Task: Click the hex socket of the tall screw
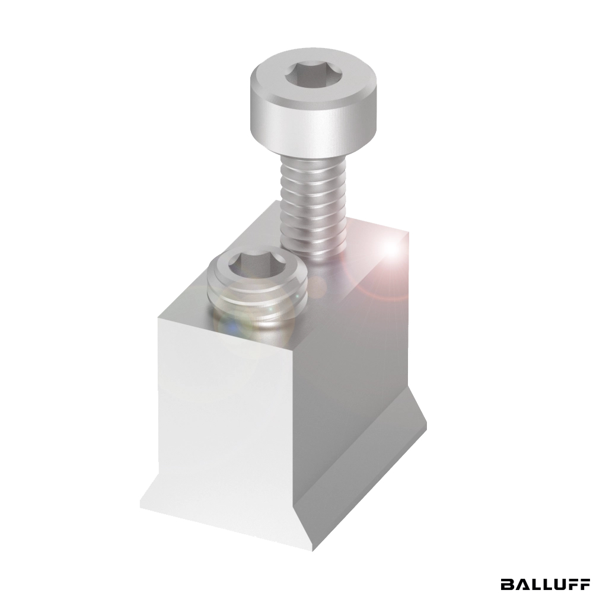point(313,75)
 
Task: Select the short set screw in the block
point(257,291)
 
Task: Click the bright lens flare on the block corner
point(391,248)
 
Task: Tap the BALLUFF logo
point(544,583)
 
